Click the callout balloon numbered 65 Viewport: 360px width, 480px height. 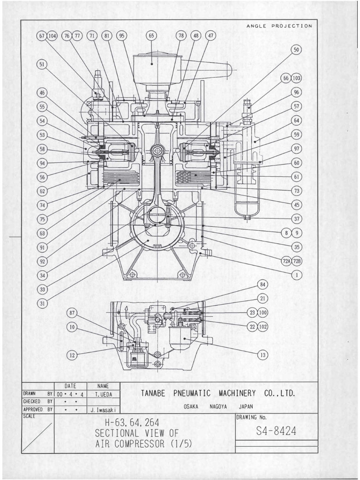coord(151,36)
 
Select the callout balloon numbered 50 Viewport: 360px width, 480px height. coord(296,50)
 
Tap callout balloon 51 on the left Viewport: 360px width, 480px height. coord(43,65)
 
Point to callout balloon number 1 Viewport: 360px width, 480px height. coord(296,275)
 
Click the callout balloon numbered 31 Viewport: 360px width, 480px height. coord(43,303)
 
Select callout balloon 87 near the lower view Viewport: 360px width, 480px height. coord(72,313)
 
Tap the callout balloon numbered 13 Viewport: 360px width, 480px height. coord(262,355)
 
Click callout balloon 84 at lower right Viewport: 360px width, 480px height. coord(262,285)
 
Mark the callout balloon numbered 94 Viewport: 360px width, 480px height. coord(43,163)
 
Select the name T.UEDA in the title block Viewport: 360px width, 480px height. coord(103,394)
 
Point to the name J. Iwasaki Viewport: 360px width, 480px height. coord(103,409)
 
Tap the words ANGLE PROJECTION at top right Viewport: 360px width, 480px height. coord(279,26)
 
